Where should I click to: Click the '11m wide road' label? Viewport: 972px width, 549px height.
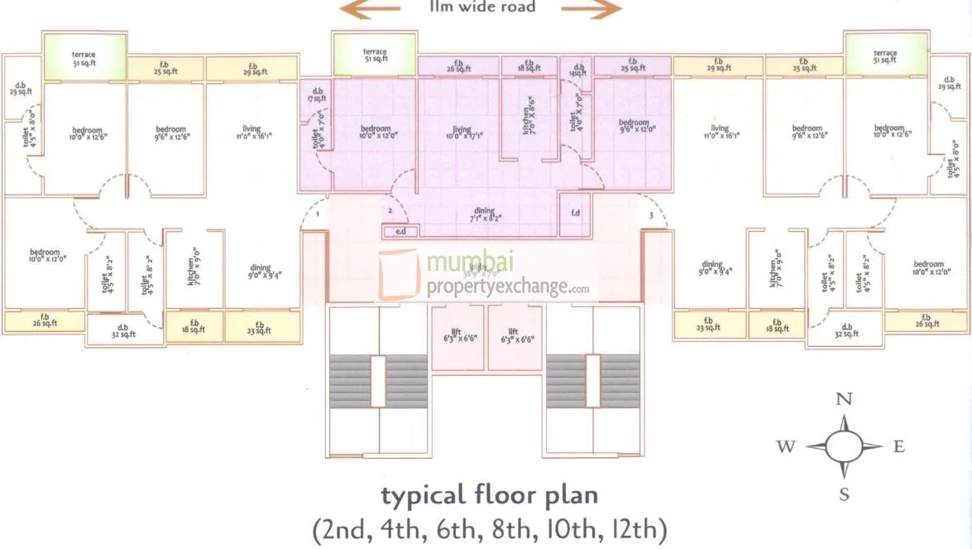[482, 7]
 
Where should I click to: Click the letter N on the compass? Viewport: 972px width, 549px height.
[844, 399]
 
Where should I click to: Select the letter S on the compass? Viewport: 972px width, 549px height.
[844, 495]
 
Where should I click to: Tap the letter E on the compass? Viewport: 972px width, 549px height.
[899, 447]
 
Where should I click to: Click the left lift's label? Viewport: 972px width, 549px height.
[455, 335]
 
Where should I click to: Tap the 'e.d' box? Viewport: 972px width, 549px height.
[400, 231]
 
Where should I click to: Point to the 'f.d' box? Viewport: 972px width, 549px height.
[576, 212]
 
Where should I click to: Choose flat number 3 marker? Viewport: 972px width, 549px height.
[652, 216]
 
